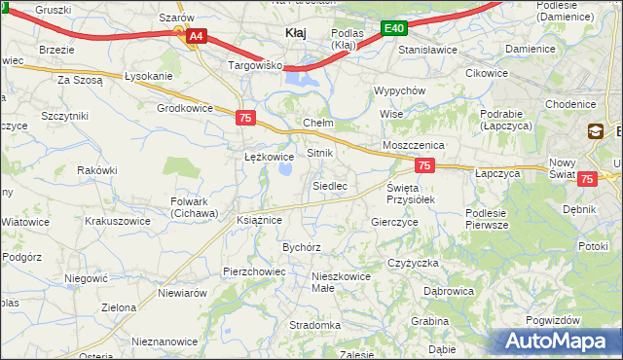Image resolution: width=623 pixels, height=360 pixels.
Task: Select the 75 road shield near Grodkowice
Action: point(245,118)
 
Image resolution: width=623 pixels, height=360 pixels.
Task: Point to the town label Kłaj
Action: point(295,33)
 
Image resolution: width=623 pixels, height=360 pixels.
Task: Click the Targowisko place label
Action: point(254,65)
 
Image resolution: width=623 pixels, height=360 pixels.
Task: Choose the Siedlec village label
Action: point(330,185)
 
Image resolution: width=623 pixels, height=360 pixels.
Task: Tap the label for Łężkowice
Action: point(269,156)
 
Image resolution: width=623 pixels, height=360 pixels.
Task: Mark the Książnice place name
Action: point(259,220)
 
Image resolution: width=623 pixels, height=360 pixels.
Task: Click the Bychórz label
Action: point(302,247)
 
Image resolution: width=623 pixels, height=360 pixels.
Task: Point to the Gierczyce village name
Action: point(394,222)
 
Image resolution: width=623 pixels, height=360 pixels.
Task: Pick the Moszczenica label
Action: point(414,144)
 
